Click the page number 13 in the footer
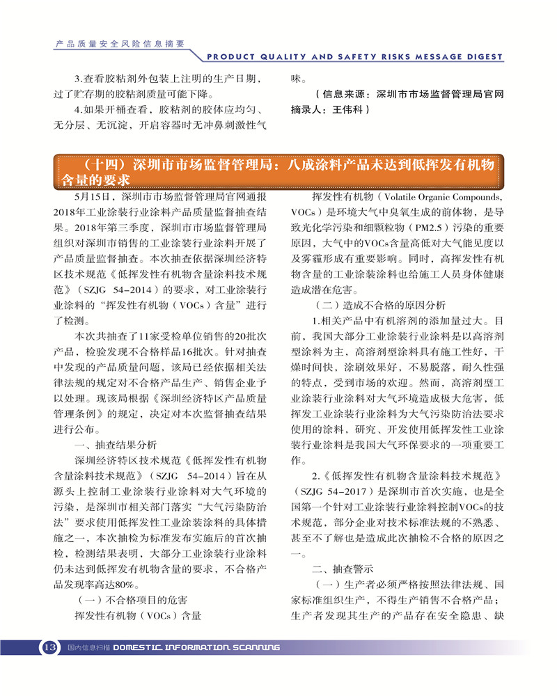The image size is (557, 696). pos(49,647)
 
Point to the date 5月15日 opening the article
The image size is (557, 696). pos(97,198)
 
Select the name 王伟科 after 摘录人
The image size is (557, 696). pos(350,109)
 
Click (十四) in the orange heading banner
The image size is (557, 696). pos(101,165)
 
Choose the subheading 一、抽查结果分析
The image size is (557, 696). pos(116,445)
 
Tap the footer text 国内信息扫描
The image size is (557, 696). pos(88,647)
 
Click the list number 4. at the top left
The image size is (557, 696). pos(79,110)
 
